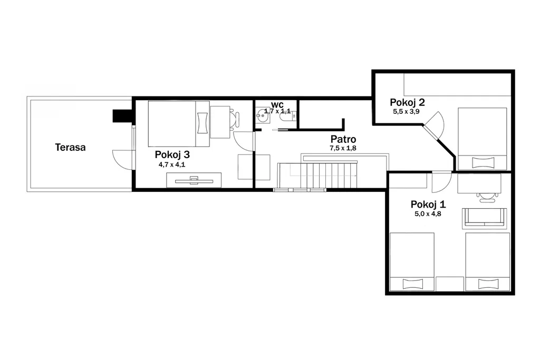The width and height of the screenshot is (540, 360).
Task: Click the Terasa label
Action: pyautogui.click(x=70, y=147)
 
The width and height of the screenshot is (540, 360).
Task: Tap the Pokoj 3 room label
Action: pyautogui.click(x=172, y=154)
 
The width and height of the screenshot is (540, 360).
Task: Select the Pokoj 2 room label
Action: pyautogui.click(x=407, y=102)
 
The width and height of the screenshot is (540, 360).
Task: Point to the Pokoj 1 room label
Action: pyautogui.click(x=428, y=205)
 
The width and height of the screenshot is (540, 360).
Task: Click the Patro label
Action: pyautogui.click(x=343, y=139)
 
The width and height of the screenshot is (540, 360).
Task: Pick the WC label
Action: pyautogui.click(x=277, y=104)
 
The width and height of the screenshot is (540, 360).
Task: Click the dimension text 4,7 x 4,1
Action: pyautogui.click(x=172, y=164)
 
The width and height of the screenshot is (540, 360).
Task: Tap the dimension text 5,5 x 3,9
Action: pyautogui.click(x=406, y=112)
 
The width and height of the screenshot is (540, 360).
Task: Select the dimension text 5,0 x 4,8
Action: pyautogui.click(x=428, y=213)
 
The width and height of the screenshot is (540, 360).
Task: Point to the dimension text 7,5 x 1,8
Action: pyautogui.click(x=343, y=148)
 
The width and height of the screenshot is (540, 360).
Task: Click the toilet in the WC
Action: pyautogui.click(x=287, y=117)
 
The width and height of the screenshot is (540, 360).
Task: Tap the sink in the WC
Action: pyautogui.click(x=263, y=115)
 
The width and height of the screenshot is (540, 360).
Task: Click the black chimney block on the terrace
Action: pyautogui.click(x=122, y=116)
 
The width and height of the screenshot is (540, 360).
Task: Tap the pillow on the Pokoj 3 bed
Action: pyautogui.click(x=203, y=123)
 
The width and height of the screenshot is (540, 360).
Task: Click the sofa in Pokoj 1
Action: pyautogui.click(x=484, y=218)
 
